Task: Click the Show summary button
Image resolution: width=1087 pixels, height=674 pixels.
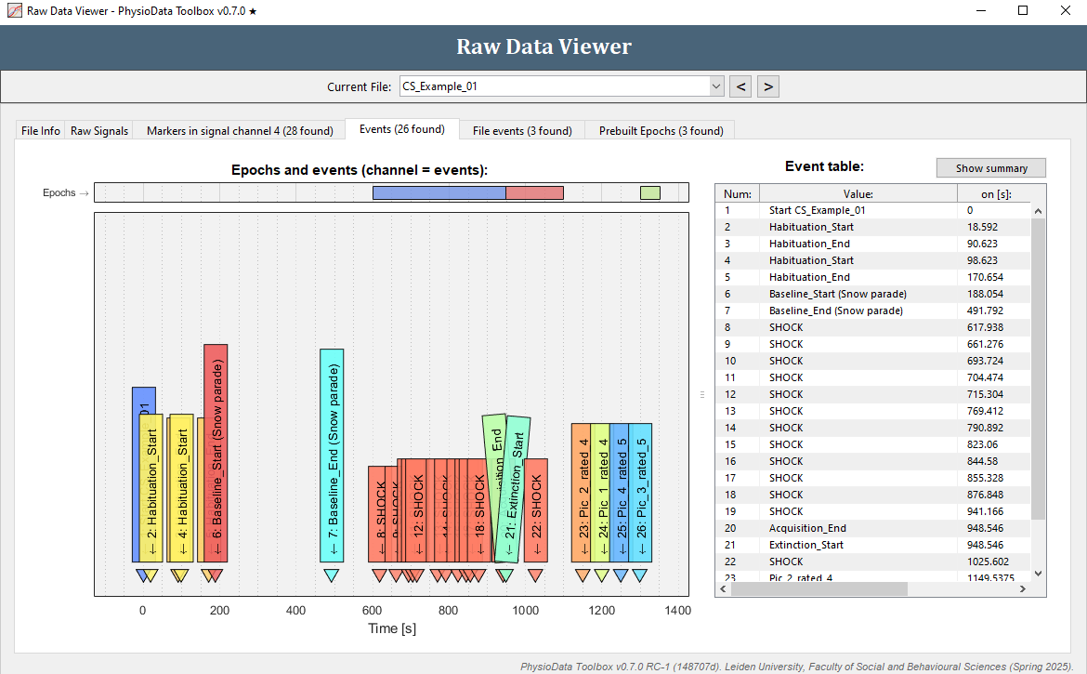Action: coord(990,168)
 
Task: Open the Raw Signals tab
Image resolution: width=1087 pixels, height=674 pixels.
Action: coord(99,131)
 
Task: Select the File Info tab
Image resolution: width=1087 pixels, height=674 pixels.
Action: coord(41,131)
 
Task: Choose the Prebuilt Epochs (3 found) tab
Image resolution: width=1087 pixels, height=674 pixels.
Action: coord(661,131)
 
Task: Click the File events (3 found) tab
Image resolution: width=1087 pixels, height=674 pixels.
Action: coord(522,131)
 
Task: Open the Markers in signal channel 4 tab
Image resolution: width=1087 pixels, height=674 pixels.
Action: coord(240,131)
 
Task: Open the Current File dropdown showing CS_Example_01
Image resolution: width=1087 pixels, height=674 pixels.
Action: coord(561,86)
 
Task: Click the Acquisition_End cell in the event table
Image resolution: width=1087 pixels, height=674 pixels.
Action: coord(807,528)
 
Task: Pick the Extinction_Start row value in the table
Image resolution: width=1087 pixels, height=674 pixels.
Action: coord(806,545)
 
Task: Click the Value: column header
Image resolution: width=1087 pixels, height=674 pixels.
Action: coord(858,194)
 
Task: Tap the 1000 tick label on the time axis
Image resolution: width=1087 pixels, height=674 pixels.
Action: coord(526,611)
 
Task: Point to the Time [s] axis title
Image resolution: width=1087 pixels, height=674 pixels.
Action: coord(391,629)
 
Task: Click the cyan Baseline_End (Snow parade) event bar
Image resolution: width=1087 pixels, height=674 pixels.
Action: coord(332,456)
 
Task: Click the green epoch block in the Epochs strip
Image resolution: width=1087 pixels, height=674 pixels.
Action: coord(650,192)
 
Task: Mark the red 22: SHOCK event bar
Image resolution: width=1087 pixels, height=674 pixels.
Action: coord(535,511)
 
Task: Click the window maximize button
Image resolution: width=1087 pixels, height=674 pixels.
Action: coord(1023,11)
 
